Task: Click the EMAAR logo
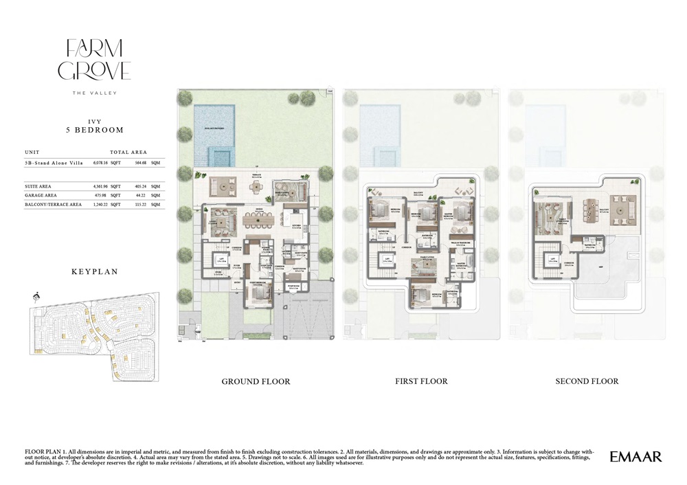tap(635, 456)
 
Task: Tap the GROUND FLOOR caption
tap(256, 381)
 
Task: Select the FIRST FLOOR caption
tap(421, 381)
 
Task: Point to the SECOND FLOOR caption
tap(587, 381)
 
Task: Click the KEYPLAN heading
tap(94, 271)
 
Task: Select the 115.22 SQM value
tap(140, 204)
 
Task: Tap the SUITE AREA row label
tap(38, 186)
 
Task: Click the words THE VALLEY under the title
tap(94, 93)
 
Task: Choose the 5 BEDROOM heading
tap(94, 130)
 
